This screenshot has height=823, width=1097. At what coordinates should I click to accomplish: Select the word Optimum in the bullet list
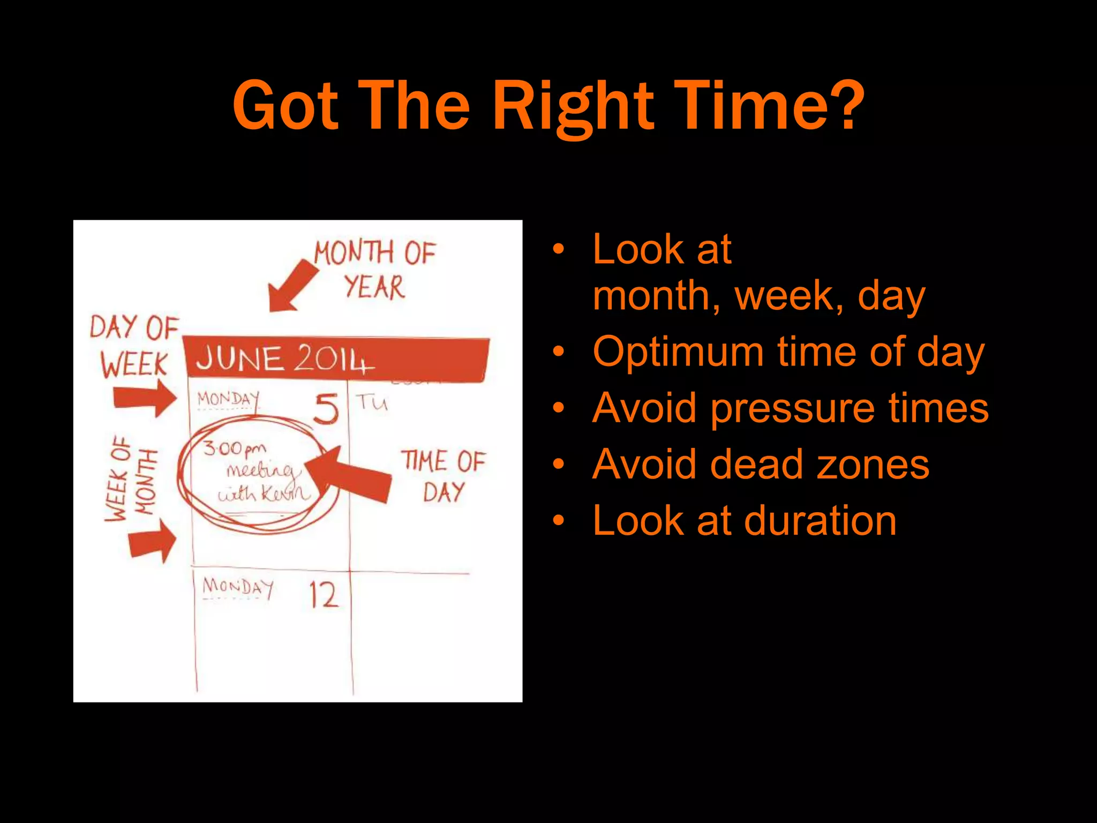(x=678, y=352)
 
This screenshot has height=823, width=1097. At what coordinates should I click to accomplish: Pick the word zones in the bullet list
(x=873, y=464)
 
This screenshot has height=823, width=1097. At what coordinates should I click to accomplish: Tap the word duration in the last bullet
(x=820, y=521)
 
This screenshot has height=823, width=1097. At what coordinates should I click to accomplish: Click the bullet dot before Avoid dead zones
(x=559, y=464)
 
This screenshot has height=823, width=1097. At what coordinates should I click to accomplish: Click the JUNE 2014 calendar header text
(x=284, y=358)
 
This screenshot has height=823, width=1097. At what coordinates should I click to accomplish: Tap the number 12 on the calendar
(x=324, y=595)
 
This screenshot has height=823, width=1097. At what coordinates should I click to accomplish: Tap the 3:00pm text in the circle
(x=234, y=448)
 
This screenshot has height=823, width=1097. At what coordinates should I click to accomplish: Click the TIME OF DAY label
(x=443, y=476)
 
